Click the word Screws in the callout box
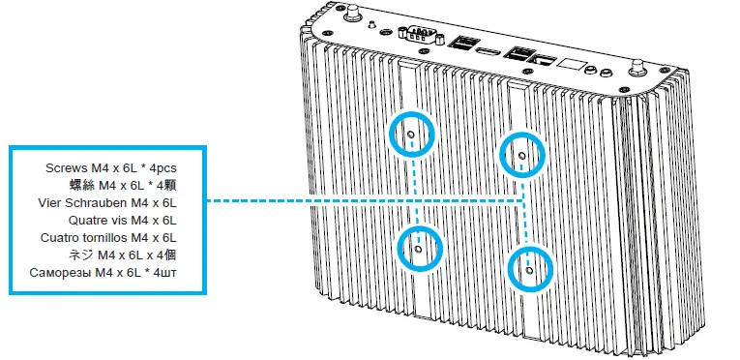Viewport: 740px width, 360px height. coord(62,167)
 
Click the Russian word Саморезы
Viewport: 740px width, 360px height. coord(65,272)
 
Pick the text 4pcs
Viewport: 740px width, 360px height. coord(160,167)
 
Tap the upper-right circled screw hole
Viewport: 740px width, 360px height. coord(521,154)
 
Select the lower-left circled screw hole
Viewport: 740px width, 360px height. coord(418,248)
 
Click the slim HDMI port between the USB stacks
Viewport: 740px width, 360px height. coord(489,48)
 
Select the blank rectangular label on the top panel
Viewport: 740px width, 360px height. coord(572,67)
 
